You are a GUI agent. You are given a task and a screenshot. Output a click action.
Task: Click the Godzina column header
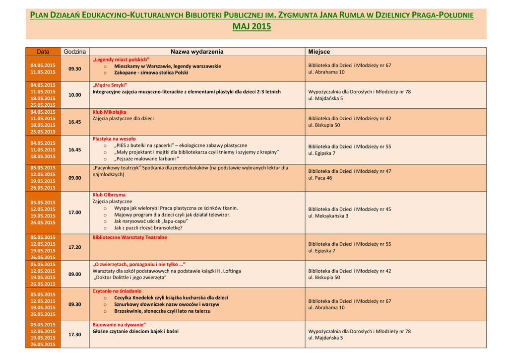click(x=74, y=52)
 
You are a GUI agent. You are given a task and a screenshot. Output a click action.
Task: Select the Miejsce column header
click(x=319, y=52)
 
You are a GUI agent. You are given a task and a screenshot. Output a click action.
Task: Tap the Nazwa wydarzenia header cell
click(x=197, y=52)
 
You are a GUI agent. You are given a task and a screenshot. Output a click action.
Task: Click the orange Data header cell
click(x=43, y=52)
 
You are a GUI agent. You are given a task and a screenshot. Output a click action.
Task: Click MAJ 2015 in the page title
click(x=252, y=26)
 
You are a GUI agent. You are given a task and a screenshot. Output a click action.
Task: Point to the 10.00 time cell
click(x=74, y=95)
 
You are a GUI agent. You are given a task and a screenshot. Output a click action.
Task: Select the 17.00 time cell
click(x=74, y=213)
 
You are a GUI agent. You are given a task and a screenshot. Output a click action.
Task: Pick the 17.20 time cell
click(x=74, y=247)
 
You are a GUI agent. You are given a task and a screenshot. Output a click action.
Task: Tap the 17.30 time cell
click(x=74, y=335)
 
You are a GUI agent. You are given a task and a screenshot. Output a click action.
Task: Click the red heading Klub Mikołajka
click(x=109, y=112)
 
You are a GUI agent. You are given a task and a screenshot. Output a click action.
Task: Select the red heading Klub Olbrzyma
click(x=109, y=195)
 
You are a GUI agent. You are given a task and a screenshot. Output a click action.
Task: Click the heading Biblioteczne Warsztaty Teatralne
click(x=129, y=237)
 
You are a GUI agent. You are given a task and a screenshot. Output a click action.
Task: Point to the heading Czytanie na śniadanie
click(x=117, y=291)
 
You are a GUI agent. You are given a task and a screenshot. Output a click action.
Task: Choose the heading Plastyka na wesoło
click(x=114, y=139)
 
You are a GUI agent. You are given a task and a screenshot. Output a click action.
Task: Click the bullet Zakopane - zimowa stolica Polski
click(x=151, y=72)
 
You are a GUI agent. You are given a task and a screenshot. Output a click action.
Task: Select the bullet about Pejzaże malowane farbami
click(x=146, y=159)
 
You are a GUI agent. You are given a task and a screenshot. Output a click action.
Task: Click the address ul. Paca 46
click(x=320, y=178)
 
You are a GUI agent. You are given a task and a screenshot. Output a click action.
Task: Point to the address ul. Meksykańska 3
click(x=328, y=216)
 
